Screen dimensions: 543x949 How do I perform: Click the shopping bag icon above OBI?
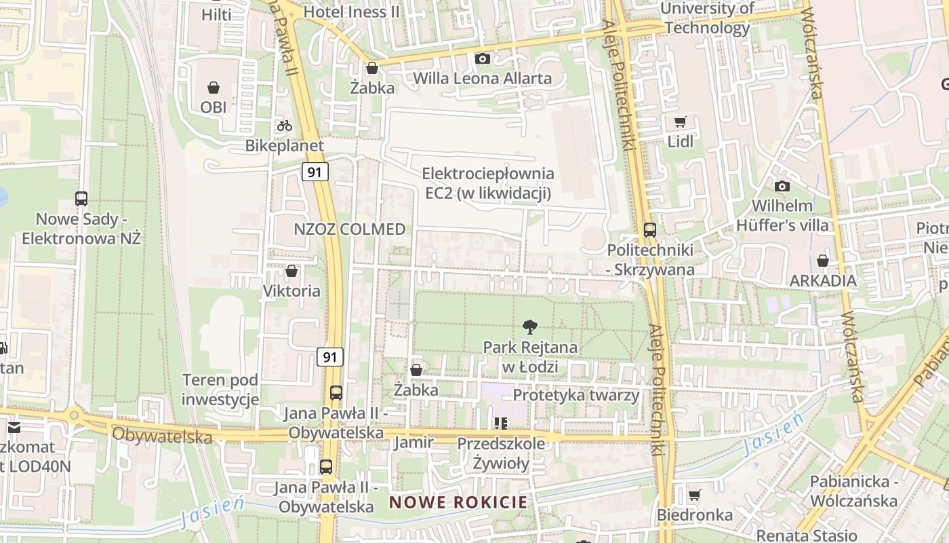coord(214,88)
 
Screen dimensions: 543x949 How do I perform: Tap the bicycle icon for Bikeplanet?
coord(284,126)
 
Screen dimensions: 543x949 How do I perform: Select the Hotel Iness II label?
coord(351,12)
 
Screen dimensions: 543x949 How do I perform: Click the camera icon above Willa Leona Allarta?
coord(483,59)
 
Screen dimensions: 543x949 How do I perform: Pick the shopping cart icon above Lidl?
coord(681,122)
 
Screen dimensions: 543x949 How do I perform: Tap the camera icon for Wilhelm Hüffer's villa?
coord(782,186)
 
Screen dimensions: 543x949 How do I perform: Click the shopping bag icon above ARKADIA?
coord(822,261)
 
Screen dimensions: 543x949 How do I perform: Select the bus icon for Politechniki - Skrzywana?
coord(650,230)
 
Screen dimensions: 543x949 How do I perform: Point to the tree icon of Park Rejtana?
coord(530,328)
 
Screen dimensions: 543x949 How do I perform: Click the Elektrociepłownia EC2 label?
coord(488,184)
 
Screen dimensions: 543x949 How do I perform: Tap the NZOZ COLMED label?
coord(350,229)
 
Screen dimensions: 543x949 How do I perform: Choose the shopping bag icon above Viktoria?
coord(291,271)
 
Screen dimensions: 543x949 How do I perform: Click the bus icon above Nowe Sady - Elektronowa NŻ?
coord(81,199)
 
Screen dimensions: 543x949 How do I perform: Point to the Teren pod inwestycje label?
coord(221,390)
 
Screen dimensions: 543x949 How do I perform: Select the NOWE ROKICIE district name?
coord(458,503)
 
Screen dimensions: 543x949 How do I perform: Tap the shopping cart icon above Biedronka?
coord(694,495)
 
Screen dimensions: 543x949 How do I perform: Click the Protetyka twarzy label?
coord(576,395)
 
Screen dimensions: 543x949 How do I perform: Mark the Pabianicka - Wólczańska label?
coord(854,491)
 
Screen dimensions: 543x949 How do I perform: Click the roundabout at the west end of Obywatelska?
coord(73,413)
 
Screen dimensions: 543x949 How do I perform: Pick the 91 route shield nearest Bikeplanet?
coord(315,172)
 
